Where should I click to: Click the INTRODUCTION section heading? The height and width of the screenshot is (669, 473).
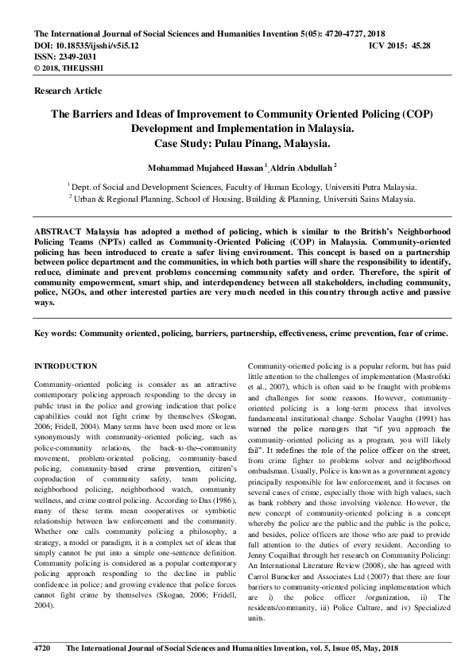pos(66,366)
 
